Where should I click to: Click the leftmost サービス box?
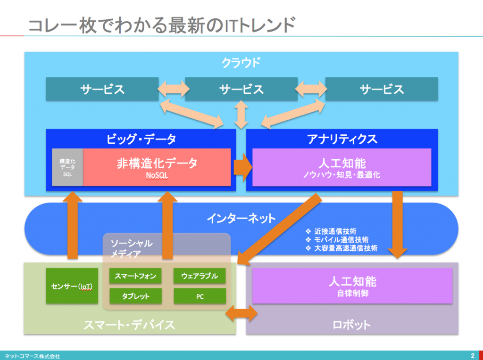pyautogui.click(x=102, y=89)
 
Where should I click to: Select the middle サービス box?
pyautogui.click(x=241, y=89)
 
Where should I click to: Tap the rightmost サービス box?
pyautogui.click(x=382, y=89)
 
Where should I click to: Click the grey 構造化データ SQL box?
pyautogui.click(x=67, y=167)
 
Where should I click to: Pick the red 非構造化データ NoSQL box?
pyautogui.click(x=157, y=167)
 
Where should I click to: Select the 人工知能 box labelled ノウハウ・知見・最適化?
pyautogui.click(x=341, y=167)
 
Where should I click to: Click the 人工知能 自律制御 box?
pyautogui.click(x=352, y=286)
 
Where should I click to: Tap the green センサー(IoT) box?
pyautogui.click(x=72, y=286)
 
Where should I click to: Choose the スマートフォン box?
pyautogui.click(x=135, y=276)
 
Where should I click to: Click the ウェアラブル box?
pyautogui.click(x=200, y=276)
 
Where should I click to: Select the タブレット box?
pyautogui.click(x=135, y=296)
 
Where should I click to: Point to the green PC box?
pyautogui.click(x=200, y=296)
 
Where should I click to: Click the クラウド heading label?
pyautogui.click(x=241, y=63)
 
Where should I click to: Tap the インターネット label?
pyautogui.click(x=241, y=218)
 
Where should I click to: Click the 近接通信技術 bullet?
pyautogui.click(x=331, y=231)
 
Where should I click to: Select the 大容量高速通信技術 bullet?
pyautogui.click(x=341, y=248)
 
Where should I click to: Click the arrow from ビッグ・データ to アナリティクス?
pyautogui.click(x=243, y=167)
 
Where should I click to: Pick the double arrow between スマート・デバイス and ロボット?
pyautogui.click(x=241, y=313)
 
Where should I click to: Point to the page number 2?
pyautogui.click(x=473, y=355)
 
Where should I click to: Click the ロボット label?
pyautogui.click(x=351, y=325)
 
